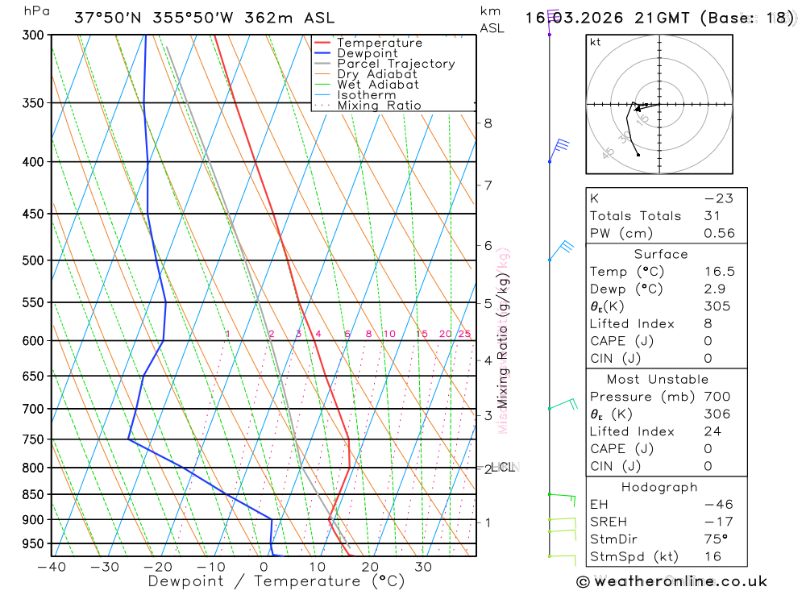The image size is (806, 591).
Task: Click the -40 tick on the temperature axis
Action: pos(52,567)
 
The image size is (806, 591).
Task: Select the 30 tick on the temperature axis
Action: pos(423,567)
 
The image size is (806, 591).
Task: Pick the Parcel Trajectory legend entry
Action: pos(396,64)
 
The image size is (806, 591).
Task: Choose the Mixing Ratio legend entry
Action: pos(379,105)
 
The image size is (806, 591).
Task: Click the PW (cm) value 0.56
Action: pos(719,233)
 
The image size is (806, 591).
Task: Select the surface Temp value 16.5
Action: pos(719,272)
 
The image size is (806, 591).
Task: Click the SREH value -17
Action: pos(718,522)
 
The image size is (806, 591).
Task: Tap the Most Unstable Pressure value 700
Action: pos(717,397)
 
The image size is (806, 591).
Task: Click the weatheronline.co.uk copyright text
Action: pos(671,581)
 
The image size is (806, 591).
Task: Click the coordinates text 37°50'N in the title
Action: pos(109,18)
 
